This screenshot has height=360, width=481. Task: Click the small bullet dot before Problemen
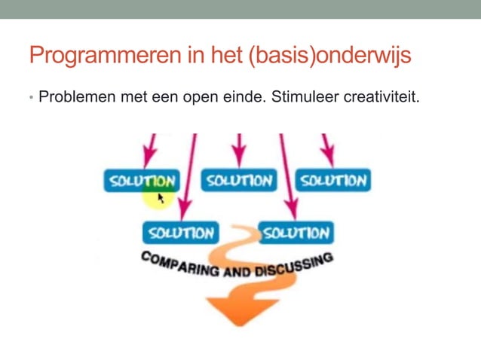(x=31, y=98)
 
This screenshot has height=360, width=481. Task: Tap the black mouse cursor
(x=161, y=198)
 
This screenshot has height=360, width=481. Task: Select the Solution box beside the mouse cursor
(x=141, y=181)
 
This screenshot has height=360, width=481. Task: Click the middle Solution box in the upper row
(x=238, y=181)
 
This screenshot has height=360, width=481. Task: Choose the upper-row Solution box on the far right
(x=332, y=181)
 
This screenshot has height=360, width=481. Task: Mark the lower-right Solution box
(x=296, y=232)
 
